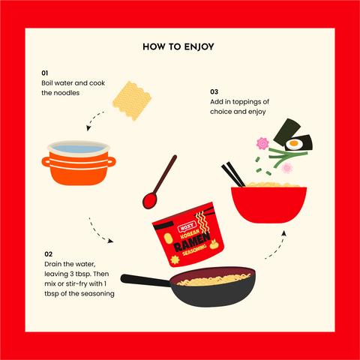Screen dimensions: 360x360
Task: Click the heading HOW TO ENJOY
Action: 178,47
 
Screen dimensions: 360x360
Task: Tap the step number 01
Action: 45,73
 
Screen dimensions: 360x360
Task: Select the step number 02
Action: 48,254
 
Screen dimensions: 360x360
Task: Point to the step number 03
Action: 214,91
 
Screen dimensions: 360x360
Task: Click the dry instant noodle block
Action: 132,100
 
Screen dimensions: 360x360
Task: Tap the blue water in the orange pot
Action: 78,149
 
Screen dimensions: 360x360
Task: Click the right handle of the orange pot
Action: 112,162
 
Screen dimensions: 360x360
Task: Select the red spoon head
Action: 149,201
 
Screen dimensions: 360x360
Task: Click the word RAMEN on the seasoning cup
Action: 192,242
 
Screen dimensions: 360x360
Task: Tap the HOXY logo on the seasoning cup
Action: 187,226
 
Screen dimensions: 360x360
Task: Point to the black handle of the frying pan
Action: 145,280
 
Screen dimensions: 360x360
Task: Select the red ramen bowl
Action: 268,205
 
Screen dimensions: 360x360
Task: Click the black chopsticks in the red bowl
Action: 233,174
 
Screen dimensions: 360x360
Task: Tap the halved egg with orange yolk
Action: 294,144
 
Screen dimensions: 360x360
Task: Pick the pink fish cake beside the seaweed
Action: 262,143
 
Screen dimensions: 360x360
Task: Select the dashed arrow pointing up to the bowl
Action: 276,246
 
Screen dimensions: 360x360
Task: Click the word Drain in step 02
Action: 52,264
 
